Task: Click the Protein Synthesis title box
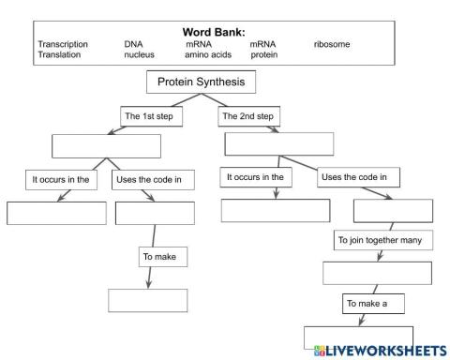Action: tap(201, 82)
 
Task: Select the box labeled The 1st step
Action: tap(153, 116)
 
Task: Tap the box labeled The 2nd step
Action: tap(247, 116)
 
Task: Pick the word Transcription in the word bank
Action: tap(63, 44)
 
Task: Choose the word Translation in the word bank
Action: tap(59, 55)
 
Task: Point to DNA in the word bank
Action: tap(133, 44)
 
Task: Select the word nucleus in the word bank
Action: tap(140, 55)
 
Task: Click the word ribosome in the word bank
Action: tap(332, 44)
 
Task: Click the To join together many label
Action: tap(384, 241)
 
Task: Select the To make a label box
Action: tap(367, 304)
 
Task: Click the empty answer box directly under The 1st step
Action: tap(106, 146)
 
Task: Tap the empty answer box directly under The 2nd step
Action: tap(279, 143)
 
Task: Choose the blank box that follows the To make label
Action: tap(147, 300)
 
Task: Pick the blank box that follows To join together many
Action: tap(378, 273)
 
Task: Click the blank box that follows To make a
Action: tap(358, 337)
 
